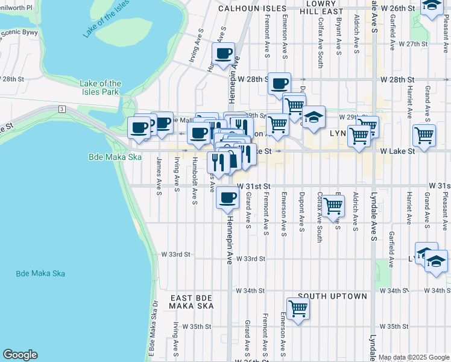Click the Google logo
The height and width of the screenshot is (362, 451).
(x=20, y=355)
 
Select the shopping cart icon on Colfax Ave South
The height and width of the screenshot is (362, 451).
(x=333, y=206)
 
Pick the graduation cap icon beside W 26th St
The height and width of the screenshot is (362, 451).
(x=432, y=6)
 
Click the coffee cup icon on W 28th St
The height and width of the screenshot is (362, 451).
(x=279, y=83)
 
